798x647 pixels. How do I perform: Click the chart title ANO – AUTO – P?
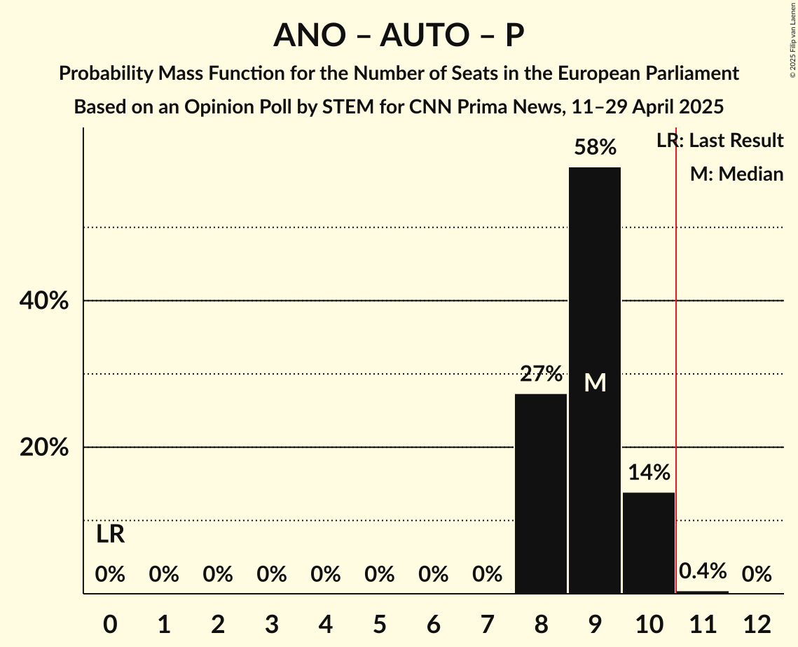pyautogui.click(x=399, y=35)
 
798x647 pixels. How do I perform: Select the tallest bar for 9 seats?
pyautogui.click(x=595, y=315)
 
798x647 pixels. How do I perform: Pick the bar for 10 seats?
pyautogui.click(x=649, y=543)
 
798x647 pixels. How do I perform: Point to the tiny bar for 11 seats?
pyautogui.click(x=703, y=592)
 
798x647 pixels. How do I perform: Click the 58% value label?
pyautogui.click(x=595, y=148)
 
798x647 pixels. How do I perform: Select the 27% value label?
pyautogui.click(x=541, y=374)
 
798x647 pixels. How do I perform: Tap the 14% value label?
pyautogui.click(x=649, y=473)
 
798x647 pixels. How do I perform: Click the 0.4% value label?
pyautogui.click(x=703, y=571)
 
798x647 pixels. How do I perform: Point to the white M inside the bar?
pyautogui.click(x=595, y=382)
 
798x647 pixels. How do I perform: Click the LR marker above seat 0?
pyautogui.click(x=110, y=534)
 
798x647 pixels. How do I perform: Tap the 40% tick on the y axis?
pyautogui.click(x=43, y=301)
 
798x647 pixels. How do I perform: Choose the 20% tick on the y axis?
pyautogui.click(x=43, y=447)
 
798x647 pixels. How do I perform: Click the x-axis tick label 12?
pyautogui.click(x=757, y=623)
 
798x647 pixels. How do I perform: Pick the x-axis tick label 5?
pyautogui.click(x=380, y=623)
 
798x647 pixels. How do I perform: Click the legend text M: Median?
pyautogui.click(x=736, y=174)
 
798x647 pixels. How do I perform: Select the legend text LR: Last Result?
pyautogui.click(x=720, y=141)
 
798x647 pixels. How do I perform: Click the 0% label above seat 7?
pyautogui.click(x=487, y=575)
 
